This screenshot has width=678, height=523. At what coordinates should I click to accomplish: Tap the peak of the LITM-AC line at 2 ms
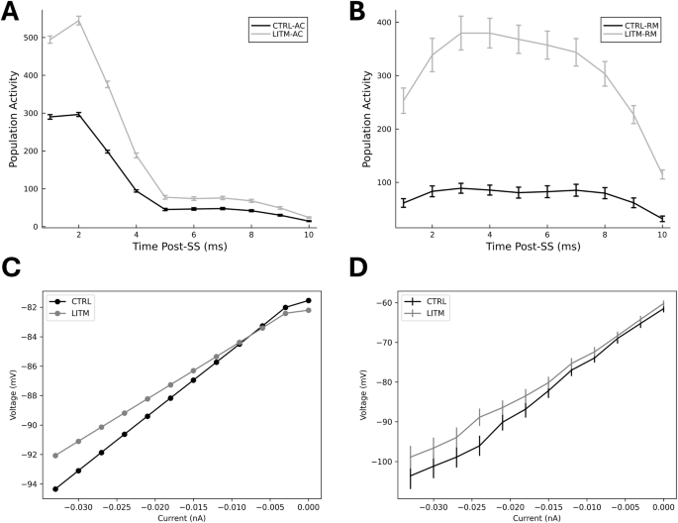click(x=78, y=21)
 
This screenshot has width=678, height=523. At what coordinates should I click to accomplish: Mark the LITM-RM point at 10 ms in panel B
click(x=662, y=174)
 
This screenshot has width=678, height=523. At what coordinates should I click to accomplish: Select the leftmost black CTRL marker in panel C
click(x=54, y=488)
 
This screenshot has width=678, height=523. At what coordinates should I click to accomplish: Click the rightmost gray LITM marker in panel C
click(x=309, y=310)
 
